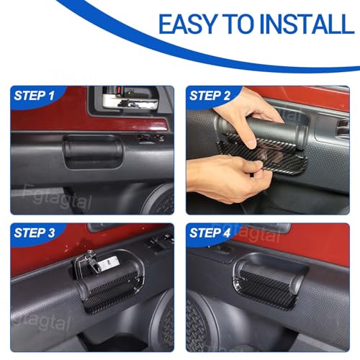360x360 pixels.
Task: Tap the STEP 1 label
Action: pyautogui.click(x=34, y=96)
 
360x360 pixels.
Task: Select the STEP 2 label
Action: pyautogui.click(x=210, y=96)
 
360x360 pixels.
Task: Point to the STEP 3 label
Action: pyautogui.click(x=35, y=233)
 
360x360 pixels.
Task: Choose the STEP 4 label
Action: pyautogui.click(x=210, y=233)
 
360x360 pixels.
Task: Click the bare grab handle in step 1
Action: pyautogui.click(x=93, y=150)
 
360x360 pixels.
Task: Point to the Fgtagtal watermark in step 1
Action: pyautogui.click(x=58, y=198)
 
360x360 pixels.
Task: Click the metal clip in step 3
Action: pyautogui.click(x=94, y=262)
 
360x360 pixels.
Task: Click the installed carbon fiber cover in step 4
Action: pyautogui.click(x=265, y=289)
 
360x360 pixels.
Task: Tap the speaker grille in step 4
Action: pyautogui.click(x=197, y=325)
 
